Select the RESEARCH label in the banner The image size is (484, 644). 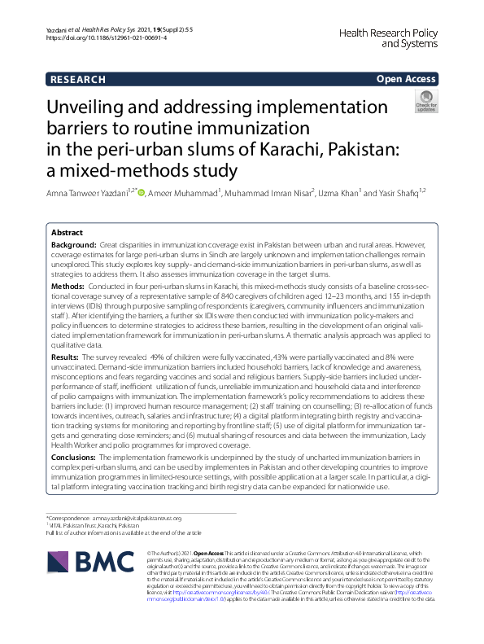pos(77,79)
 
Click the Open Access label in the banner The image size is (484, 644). pos(406,79)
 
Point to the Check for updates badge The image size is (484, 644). pos(425,103)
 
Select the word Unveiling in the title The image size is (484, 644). pos(95,107)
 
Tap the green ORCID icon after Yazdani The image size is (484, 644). pos(164,192)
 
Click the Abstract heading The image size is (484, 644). pos(67,232)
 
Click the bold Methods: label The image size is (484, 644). pos(68,287)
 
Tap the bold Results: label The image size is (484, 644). pos(65,356)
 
